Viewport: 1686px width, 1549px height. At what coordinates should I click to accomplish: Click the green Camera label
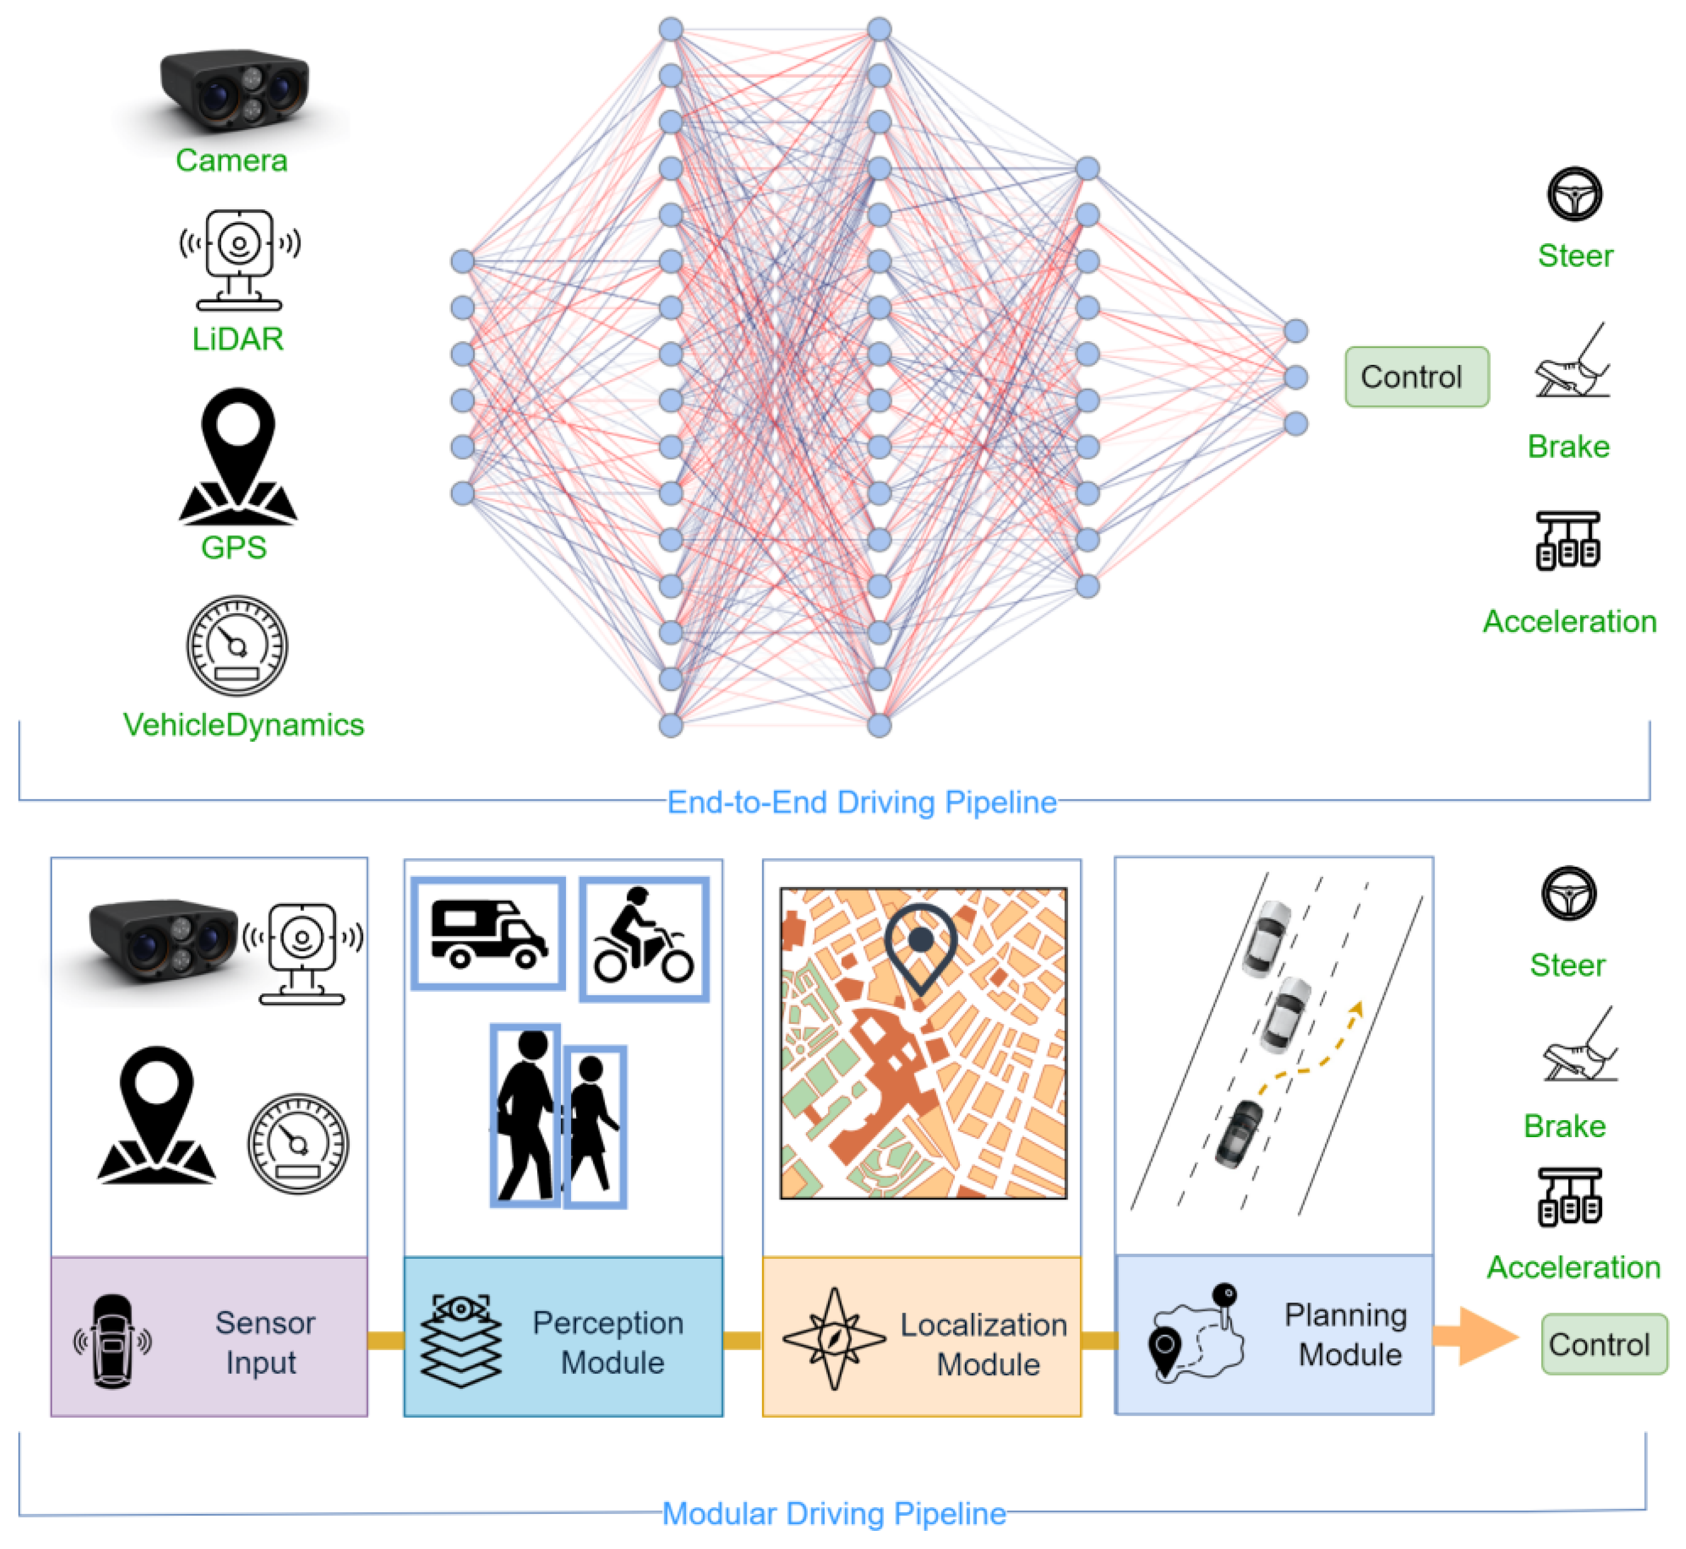pyautogui.click(x=231, y=160)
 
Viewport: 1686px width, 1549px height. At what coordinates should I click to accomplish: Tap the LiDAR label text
pyautogui.click(x=238, y=339)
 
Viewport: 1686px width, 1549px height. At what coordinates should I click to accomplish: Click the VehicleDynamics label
pyautogui.click(x=244, y=725)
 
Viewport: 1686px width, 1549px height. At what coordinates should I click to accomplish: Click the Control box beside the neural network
pyautogui.click(x=1416, y=377)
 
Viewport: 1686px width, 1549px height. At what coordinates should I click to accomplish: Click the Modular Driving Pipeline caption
pyautogui.click(x=834, y=1514)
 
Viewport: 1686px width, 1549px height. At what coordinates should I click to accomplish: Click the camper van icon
pyautogui.click(x=488, y=933)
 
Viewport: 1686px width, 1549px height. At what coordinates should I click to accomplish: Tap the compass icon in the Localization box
pyautogui.click(x=834, y=1338)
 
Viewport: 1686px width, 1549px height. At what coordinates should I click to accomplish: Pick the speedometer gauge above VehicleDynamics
pyautogui.click(x=237, y=646)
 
